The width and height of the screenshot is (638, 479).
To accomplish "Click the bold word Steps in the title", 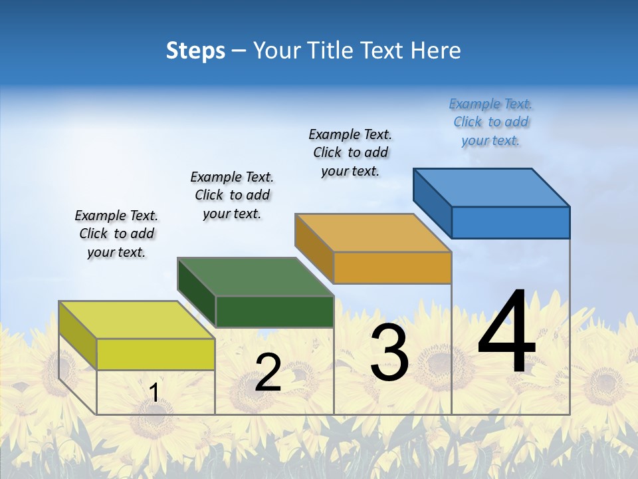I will (x=195, y=51).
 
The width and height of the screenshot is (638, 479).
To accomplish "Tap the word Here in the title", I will (x=436, y=51).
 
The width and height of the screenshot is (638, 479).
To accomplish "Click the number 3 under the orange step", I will (x=389, y=353).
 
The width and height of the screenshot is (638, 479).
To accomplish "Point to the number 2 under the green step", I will (x=268, y=373).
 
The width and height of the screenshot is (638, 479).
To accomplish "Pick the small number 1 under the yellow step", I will (x=154, y=393).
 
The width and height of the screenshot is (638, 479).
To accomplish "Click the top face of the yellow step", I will (x=136, y=320).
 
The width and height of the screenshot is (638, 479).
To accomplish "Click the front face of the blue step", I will (x=510, y=222).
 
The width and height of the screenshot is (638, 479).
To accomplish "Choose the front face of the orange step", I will (x=392, y=267).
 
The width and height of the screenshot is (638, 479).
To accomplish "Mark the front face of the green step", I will (x=274, y=311).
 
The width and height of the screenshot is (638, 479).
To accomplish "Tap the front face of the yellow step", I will (x=156, y=354).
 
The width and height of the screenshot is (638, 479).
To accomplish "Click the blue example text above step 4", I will (x=490, y=122).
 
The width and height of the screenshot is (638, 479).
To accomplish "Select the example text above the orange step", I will (x=350, y=152).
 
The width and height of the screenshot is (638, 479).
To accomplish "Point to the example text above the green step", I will (x=232, y=195).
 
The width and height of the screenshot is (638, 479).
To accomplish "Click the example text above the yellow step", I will (x=116, y=234).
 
